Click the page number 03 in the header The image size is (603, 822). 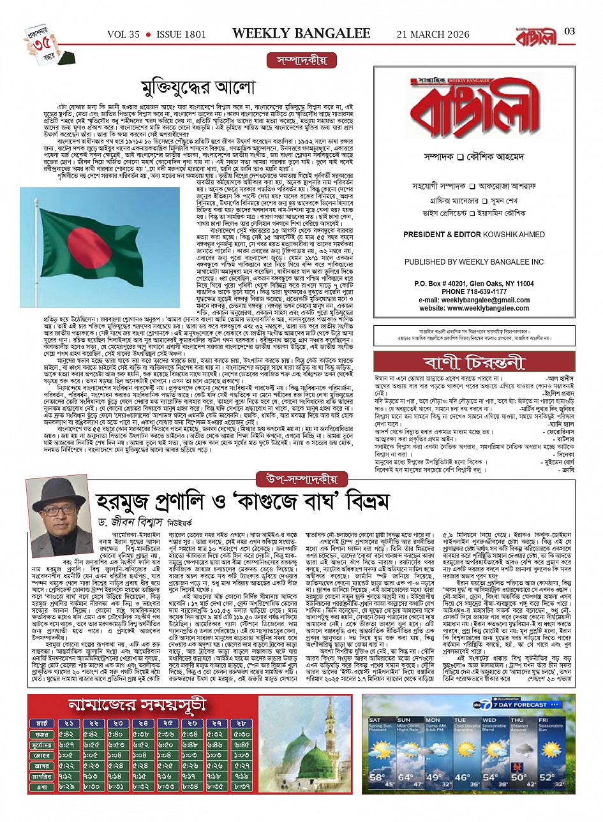click(x=570, y=32)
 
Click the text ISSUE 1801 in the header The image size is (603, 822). click(x=179, y=34)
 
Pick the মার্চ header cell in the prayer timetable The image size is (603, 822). click(x=43, y=723)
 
